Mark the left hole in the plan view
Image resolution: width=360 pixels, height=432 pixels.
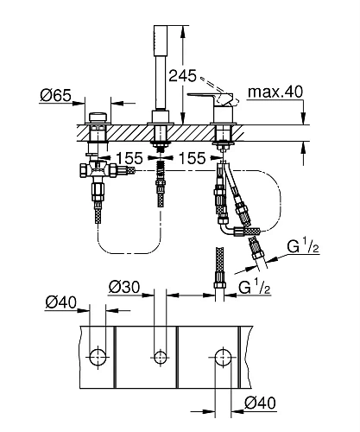click(x=100, y=354)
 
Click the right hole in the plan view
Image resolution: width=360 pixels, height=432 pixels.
click(x=222, y=354)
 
